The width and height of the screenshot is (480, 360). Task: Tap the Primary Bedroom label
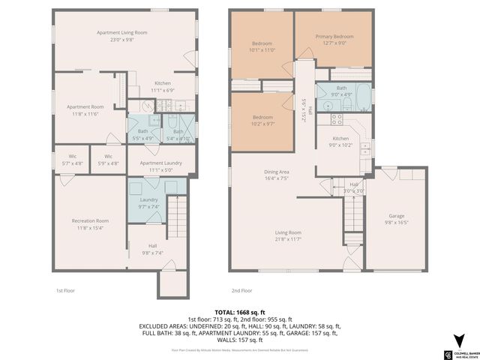(334, 37)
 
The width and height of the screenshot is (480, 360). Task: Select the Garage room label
(396, 216)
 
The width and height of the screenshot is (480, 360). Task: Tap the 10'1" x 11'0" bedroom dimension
(262, 50)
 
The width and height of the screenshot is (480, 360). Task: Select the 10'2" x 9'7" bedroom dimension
(262, 124)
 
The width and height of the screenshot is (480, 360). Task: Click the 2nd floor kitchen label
(341, 139)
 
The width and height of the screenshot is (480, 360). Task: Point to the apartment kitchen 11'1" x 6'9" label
(163, 90)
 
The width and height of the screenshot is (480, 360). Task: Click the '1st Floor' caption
(66, 290)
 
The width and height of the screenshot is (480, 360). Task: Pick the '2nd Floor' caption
(241, 290)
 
